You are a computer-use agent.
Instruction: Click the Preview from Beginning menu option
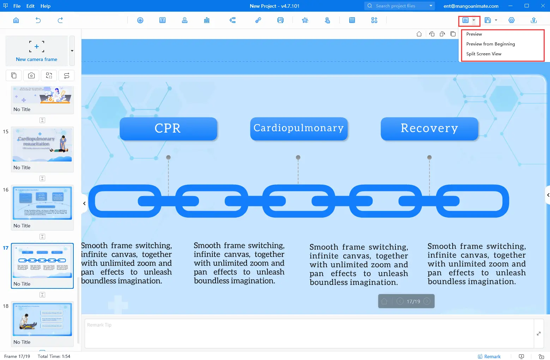pos(490,44)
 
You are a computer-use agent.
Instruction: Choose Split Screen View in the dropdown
pos(484,54)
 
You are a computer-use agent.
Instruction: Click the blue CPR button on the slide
pos(168,128)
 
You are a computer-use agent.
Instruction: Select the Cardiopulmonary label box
pos(298,128)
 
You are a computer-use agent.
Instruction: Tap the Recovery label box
pos(429,128)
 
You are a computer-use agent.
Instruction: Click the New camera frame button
pos(37,51)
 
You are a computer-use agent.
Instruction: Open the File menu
pos(17,6)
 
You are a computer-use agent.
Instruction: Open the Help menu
pos(46,6)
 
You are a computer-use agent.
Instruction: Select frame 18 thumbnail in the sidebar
pos(42,319)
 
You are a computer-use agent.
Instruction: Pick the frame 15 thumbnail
pos(42,145)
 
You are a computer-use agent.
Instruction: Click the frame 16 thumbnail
pos(42,203)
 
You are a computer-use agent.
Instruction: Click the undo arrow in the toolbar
pos(38,20)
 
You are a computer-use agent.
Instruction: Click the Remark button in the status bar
pos(489,356)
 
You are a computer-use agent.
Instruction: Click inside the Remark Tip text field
pos(309,333)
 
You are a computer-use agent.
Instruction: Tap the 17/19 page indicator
pos(413,301)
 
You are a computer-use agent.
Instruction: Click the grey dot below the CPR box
pos(168,157)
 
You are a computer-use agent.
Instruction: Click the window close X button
pos(543,6)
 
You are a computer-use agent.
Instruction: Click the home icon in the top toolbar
pos(16,20)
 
